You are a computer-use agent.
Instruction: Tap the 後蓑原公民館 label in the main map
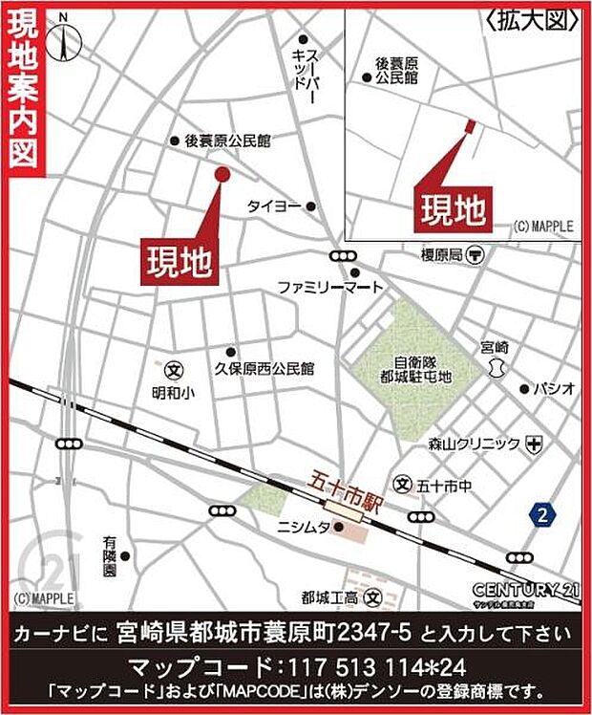point(227,141)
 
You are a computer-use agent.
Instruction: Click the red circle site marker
point(222,174)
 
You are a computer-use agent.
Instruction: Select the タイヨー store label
point(275,206)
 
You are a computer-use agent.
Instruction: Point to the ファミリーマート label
point(329,286)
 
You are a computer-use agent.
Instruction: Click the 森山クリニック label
point(474,444)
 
